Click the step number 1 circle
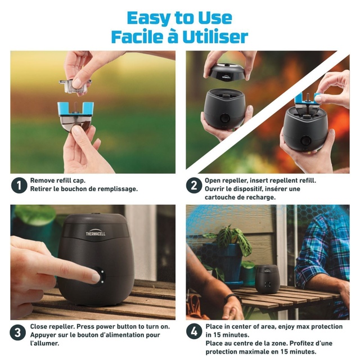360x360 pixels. click(x=19, y=185)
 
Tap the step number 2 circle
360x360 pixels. click(x=194, y=185)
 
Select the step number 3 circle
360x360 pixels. click(x=17, y=332)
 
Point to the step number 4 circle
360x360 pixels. click(x=194, y=331)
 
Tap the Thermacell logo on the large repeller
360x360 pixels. click(x=96, y=233)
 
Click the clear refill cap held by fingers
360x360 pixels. click(x=75, y=85)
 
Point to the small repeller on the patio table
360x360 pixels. click(x=267, y=279)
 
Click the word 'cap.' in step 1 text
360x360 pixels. click(x=79, y=181)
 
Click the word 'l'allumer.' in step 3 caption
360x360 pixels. click(x=44, y=344)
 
